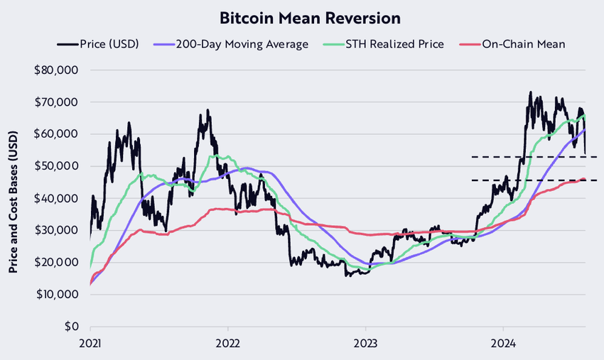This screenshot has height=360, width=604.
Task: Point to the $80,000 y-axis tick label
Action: pos(59,70)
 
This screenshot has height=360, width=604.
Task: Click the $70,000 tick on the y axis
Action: pos(59,102)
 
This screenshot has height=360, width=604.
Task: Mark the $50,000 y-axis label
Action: pos(59,166)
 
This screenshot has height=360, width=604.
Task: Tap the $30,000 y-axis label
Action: pos(59,230)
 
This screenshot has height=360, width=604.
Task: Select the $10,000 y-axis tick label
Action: pos(59,295)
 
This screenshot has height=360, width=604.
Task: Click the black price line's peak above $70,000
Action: pos(530,92)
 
